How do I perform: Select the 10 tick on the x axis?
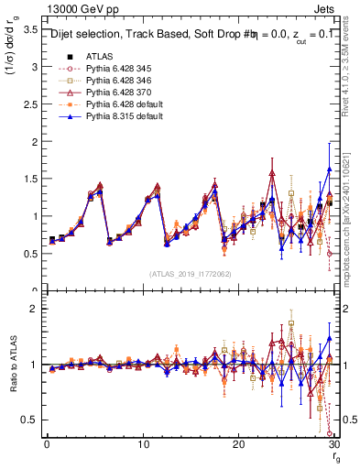[143, 444]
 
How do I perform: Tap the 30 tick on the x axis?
[334, 444]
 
